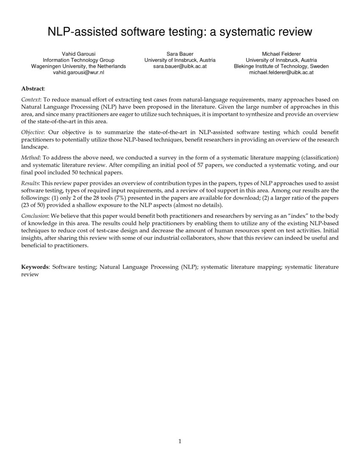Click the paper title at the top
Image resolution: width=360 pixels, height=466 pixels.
click(x=180, y=32)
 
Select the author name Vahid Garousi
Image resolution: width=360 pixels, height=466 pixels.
click(x=78, y=54)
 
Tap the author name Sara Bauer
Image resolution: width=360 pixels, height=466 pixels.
click(x=180, y=54)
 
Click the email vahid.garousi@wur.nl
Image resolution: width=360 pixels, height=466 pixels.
click(x=78, y=72)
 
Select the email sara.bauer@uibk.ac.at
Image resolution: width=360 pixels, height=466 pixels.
click(x=180, y=67)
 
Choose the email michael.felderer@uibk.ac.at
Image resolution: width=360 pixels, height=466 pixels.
click(x=281, y=72)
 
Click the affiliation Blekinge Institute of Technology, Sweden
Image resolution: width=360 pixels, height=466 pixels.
click(x=281, y=67)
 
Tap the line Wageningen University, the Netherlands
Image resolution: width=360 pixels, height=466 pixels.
click(x=78, y=67)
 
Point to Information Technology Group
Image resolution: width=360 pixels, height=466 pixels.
click(x=78, y=60)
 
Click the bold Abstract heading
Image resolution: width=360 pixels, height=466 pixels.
click(x=33, y=89)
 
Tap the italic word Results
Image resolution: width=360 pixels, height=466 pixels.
click(x=30, y=184)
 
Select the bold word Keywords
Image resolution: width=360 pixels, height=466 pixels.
click(x=35, y=267)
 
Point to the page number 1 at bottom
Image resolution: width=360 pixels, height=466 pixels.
click(x=180, y=441)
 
